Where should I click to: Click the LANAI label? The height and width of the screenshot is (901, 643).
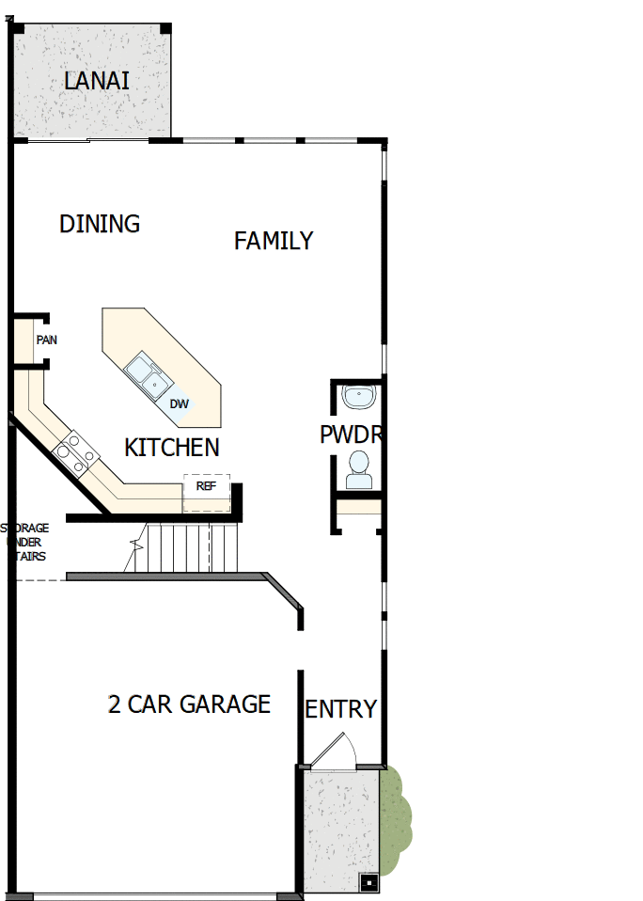[97, 81]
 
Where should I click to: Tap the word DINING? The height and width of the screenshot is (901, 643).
[100, 224]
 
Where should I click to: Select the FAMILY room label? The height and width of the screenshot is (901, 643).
[274, 241]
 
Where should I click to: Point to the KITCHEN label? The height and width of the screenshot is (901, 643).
[172, 448]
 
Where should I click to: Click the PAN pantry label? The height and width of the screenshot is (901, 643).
[46, 340]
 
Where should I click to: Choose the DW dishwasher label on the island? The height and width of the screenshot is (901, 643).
[179, 404]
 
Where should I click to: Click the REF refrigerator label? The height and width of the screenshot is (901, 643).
[206, 486]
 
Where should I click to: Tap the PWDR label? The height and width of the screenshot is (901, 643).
[350, 435]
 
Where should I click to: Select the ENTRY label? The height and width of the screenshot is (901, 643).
[340, 709]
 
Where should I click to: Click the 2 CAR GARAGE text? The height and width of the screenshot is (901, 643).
[189, 704]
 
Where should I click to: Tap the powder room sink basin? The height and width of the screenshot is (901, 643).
[358, 398]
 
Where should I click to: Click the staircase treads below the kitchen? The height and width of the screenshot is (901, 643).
[188, 547]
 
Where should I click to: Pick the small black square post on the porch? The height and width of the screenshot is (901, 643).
[369, 882]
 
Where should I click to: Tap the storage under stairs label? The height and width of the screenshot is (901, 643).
[26, 542]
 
